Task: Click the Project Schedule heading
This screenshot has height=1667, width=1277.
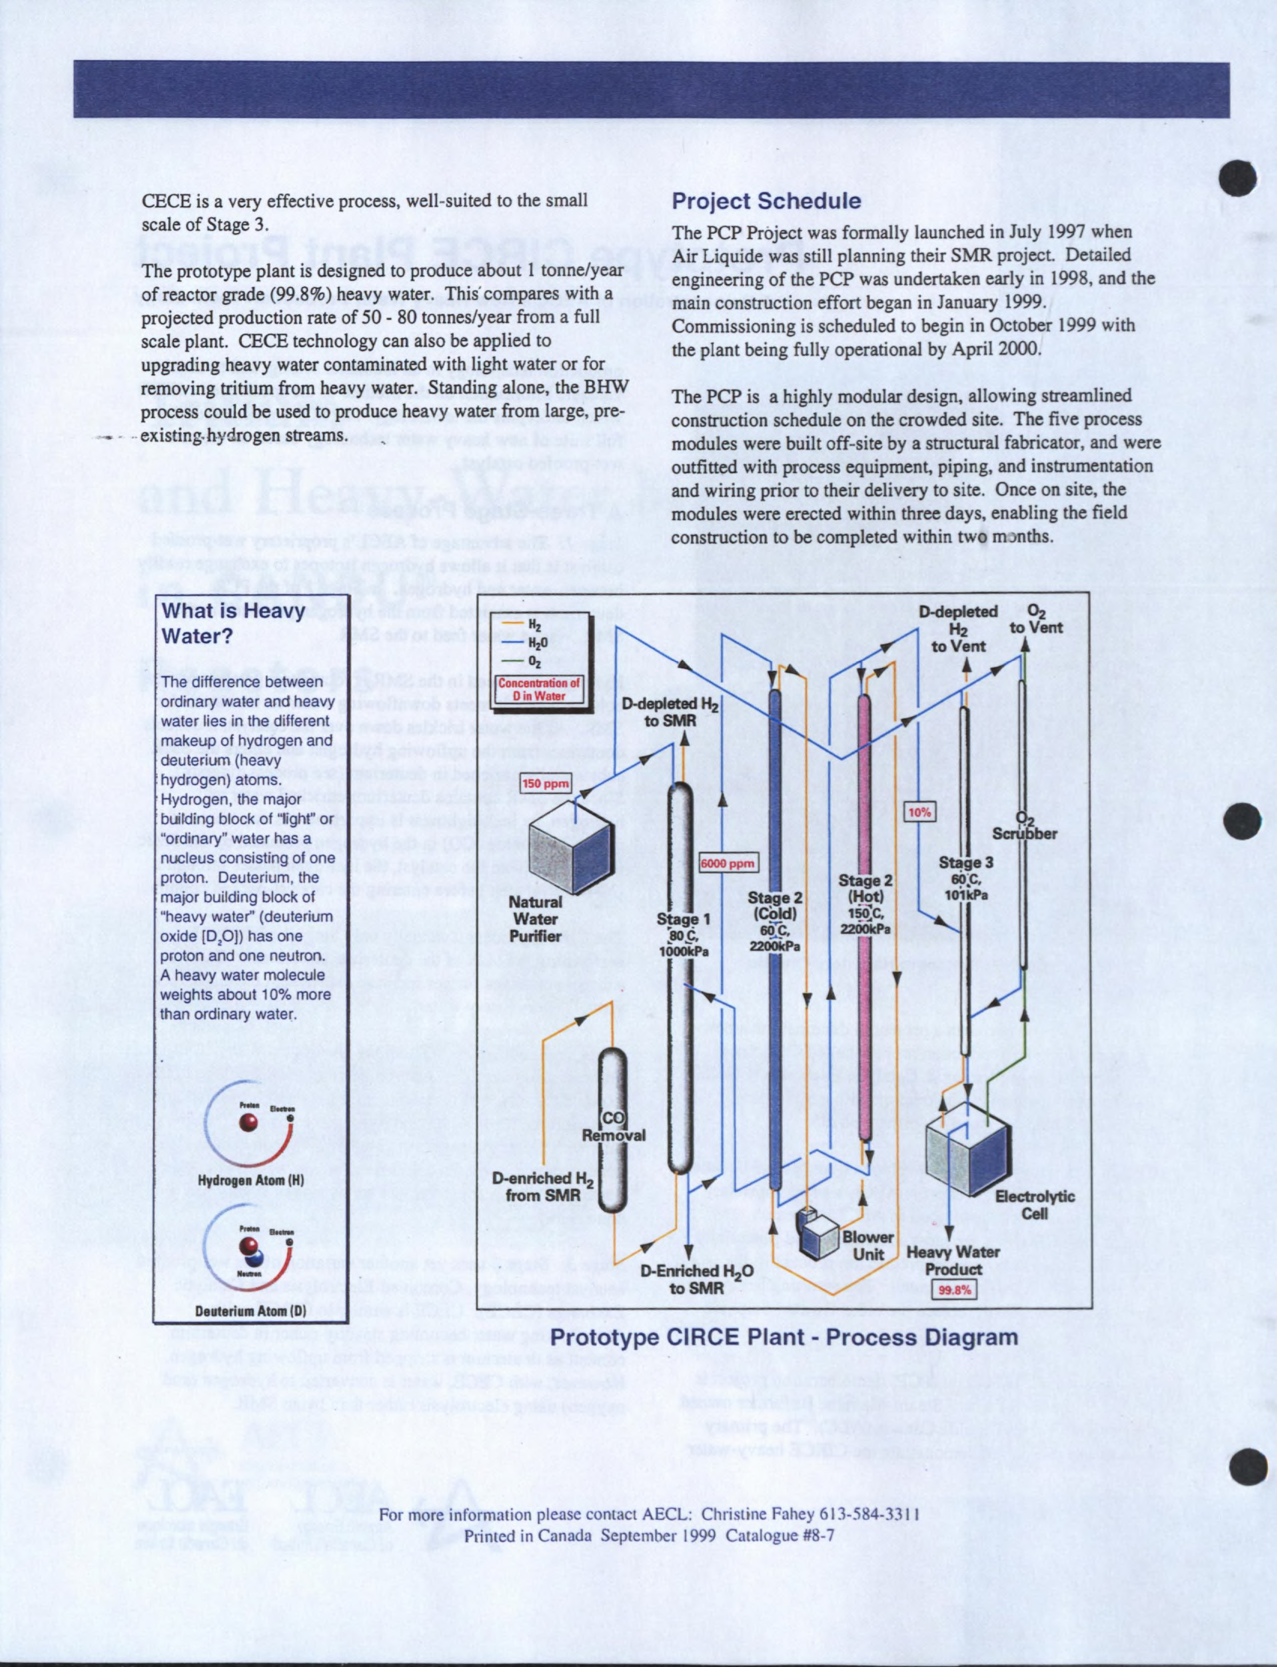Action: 766,201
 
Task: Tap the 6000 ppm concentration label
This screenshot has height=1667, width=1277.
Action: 728,863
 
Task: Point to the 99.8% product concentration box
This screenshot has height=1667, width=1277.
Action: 954,1290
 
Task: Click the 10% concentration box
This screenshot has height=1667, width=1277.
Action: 919,812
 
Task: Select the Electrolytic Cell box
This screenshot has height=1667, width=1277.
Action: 969,1155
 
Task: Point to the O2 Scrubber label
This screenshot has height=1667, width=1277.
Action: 1025,826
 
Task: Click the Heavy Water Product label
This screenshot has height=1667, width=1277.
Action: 952,1260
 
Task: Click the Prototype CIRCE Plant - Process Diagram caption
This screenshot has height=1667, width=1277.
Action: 784,1337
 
